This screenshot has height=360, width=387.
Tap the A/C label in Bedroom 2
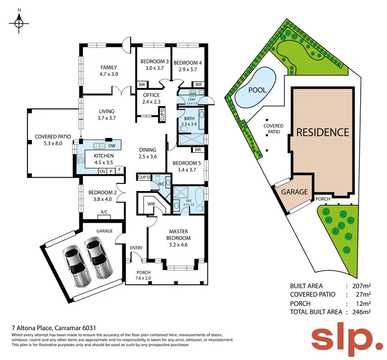(104, 211)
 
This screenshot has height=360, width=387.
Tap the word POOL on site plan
(257, 90)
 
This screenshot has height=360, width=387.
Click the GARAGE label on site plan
(294, 192)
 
